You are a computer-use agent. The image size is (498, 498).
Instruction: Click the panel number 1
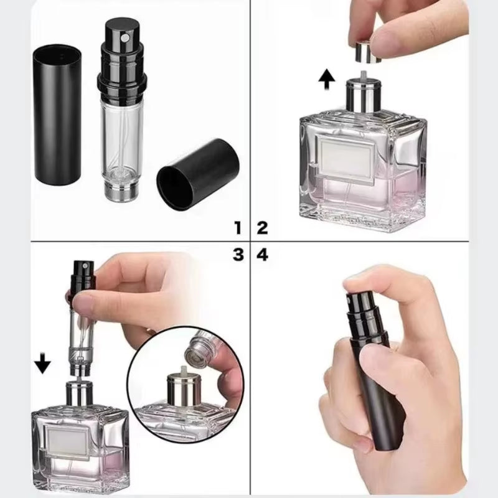237,227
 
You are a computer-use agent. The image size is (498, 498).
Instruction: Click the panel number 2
262,227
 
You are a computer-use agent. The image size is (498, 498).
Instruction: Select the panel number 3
237,255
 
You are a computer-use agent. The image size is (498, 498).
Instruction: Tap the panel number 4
262,255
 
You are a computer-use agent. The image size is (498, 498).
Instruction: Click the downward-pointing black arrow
42,363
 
